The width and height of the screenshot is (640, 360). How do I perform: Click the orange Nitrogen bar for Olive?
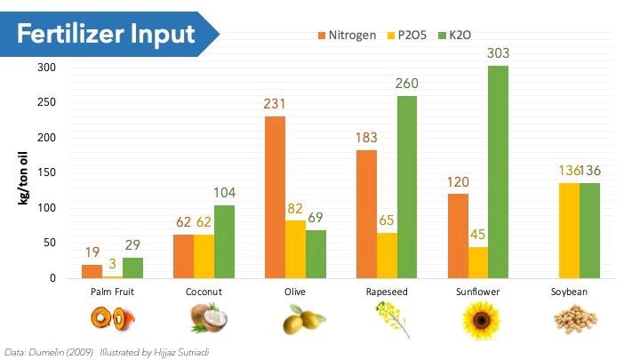(275, 197)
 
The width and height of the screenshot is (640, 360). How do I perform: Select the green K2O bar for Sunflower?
(499, 172)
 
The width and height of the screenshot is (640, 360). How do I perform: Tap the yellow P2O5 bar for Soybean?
(569, 230)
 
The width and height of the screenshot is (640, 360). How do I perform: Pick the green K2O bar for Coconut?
(225, 242)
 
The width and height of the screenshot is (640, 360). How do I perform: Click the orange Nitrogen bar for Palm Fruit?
(92, 271)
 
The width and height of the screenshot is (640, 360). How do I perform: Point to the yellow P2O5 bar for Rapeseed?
(387, 255)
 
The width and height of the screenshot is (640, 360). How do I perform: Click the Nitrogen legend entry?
(347, 35)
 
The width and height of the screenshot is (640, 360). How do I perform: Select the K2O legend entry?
(454, 35)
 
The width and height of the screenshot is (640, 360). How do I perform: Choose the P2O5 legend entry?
(406, 35)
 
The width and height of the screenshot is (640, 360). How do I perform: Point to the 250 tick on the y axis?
(46, 102)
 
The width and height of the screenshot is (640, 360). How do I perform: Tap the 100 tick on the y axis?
(46, 207)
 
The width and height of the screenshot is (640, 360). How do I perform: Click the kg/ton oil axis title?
(23, 178)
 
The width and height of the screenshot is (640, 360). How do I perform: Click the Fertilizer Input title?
(106, 34)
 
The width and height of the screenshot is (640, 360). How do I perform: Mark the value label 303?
(498, 53)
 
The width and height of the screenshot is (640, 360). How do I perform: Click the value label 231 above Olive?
(275, 104)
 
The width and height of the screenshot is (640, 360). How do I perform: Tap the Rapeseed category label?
(387, 292)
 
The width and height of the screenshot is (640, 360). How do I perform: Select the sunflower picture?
(481, 320)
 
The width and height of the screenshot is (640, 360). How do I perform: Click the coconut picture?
(209, 317)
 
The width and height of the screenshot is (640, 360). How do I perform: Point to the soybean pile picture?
(575, 319)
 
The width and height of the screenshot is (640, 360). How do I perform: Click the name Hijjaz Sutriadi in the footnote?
(181, 352)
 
